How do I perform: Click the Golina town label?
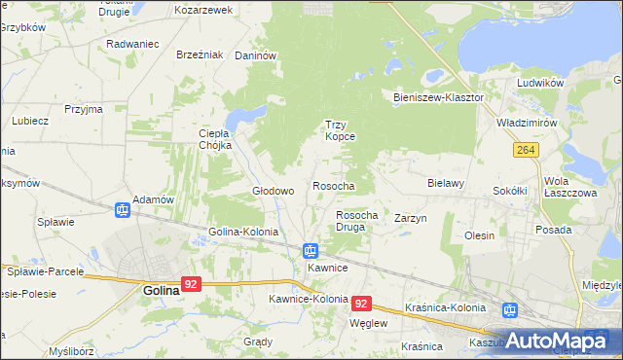(x=161, y=290)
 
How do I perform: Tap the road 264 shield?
(x=527, y=149)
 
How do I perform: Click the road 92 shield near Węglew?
(x=362, y=304)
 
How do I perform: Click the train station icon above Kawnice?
(x=311, y=250)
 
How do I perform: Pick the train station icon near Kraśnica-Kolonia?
(x=509, y=310)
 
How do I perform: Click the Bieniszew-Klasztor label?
(x=438, y=98)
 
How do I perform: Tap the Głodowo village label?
(x=274, y=192)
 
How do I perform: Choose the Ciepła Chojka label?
(x=214, y=139)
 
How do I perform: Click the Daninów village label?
(x=257, y=56)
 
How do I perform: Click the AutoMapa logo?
(x=558, y=340)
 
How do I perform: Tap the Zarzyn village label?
(x=411, y=219)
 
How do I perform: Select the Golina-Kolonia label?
(x=243, y=233)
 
